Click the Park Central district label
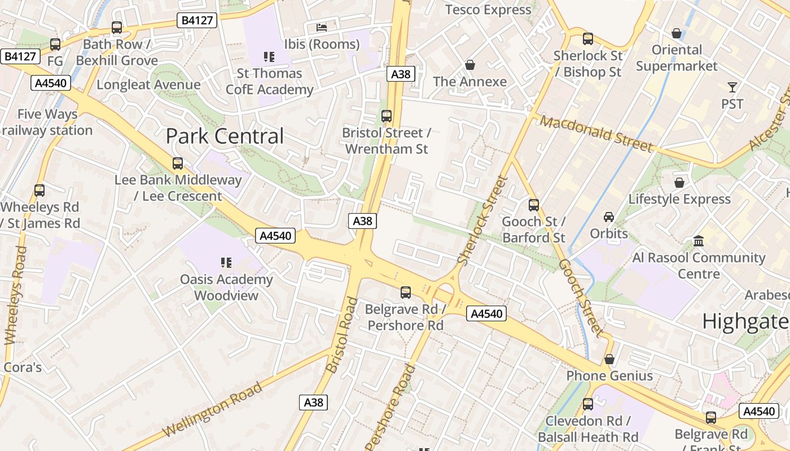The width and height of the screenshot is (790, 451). point(225,136)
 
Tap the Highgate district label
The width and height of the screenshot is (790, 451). point(745,321)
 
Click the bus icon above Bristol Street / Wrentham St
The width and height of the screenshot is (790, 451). point(387,116)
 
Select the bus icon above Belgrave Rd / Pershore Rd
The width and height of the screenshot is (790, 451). point(405,293)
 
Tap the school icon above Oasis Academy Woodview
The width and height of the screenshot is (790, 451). point(226,262)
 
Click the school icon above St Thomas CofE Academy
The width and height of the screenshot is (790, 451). point(269,56)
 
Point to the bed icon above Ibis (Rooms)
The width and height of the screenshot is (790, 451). point(322,27)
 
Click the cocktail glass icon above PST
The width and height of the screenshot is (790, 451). point(732,87)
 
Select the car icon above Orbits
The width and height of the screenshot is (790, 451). point(609,217)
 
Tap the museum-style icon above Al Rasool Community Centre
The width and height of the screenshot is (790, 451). point(699,241)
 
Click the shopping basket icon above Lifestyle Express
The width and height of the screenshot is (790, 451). point(679,183)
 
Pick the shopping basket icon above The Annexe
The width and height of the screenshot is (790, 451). point(469,65)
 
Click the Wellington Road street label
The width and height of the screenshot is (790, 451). point(213,409)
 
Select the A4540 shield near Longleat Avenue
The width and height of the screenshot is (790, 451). point(51,83)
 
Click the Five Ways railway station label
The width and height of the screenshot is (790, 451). point(47,122)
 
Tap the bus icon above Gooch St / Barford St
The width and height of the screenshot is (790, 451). point(533,205)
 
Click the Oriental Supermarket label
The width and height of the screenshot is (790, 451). point(677,58)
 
